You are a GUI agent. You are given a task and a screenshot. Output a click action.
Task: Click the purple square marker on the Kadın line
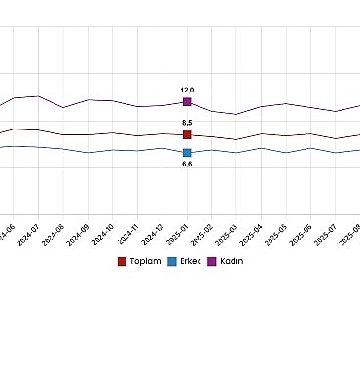(x=187, y=101)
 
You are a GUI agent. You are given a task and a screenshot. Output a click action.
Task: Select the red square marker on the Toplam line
(x=187, y=134)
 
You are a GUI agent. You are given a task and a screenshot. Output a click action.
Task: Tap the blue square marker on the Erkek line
(x=187, y=152)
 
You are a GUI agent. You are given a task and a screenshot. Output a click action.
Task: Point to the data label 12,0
(x=187, y=89)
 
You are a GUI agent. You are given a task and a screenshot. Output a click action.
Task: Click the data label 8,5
(x=187, y=122)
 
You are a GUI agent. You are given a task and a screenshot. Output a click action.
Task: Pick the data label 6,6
(x=187, y=165)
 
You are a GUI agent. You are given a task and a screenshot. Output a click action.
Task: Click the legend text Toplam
(x=145, y=261)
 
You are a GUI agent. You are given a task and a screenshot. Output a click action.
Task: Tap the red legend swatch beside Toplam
(x=122, y=261)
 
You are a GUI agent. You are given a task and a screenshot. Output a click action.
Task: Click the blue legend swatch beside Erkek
(x=173, y=261)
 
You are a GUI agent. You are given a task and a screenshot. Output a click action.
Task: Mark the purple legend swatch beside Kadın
(x=214, y=261)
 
